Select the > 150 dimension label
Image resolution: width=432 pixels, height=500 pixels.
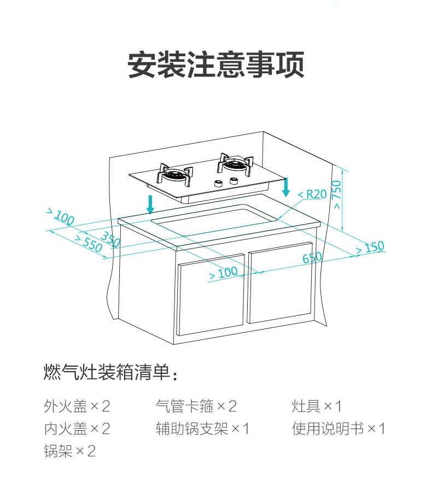370,248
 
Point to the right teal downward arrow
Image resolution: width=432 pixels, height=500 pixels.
285,187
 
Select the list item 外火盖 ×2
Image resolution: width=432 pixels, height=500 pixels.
77,406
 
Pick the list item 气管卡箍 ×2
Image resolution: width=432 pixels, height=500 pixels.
196,406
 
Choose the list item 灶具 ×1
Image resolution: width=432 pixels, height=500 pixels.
317,406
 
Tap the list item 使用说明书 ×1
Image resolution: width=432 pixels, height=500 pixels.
338,428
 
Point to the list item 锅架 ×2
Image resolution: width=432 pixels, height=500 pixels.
70,451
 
